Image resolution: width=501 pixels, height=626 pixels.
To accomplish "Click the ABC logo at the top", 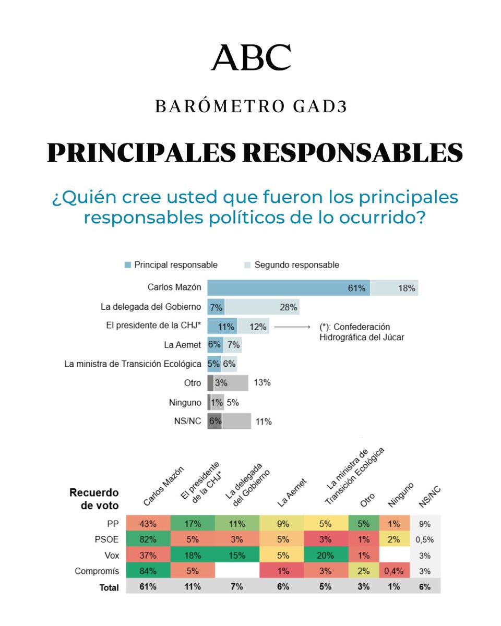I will point(250,57).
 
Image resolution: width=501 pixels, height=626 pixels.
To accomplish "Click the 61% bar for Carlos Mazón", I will point(289,287).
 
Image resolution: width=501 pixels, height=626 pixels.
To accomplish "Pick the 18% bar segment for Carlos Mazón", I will point(395,287).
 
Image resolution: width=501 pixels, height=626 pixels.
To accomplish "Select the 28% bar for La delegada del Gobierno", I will point(263,307).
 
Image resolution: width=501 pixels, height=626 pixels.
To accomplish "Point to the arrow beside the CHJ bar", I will point(293,327).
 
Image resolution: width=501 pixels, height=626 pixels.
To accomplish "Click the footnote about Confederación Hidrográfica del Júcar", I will point(361,332).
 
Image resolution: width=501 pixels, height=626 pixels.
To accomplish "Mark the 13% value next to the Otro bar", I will point(263,382).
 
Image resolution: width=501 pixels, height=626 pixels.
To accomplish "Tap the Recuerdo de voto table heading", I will point(94,499).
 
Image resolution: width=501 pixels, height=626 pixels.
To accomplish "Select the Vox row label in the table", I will point(112,556).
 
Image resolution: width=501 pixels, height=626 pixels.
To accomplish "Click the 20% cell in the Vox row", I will point(325,556).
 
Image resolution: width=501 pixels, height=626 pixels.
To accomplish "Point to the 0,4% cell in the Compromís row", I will point(394,571).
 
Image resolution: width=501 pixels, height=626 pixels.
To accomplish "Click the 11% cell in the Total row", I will point(193,586).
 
